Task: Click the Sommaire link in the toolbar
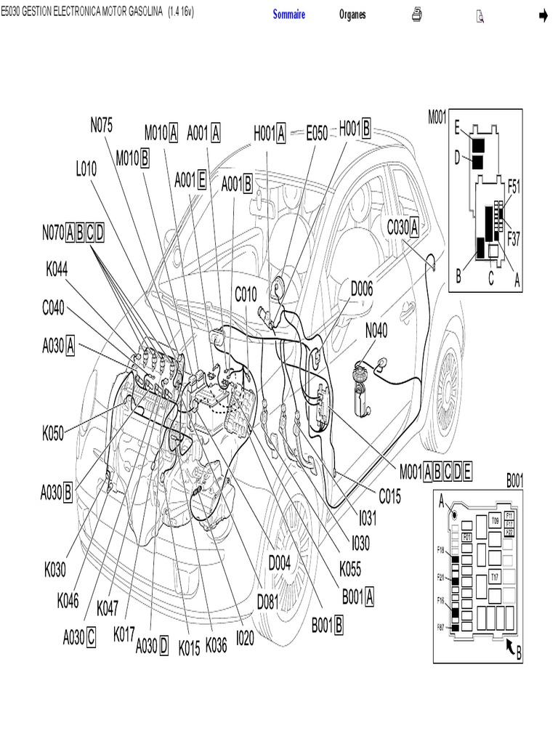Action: point(289,15)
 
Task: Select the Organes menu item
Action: point(352,15)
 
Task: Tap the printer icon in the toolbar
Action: point(417,15)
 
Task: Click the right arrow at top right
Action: point(542,15)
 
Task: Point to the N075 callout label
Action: point(102,125)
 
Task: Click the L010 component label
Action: point(86,169)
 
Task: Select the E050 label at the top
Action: point(317,133)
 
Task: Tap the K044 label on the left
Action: point(57,270)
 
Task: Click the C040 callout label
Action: point(53,308)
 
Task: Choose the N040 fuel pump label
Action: point(376,331)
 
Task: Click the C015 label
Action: point(389,496)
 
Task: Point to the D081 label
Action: point(269,602)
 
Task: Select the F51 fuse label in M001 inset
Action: point(513,186)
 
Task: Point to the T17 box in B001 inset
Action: point(494,578)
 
